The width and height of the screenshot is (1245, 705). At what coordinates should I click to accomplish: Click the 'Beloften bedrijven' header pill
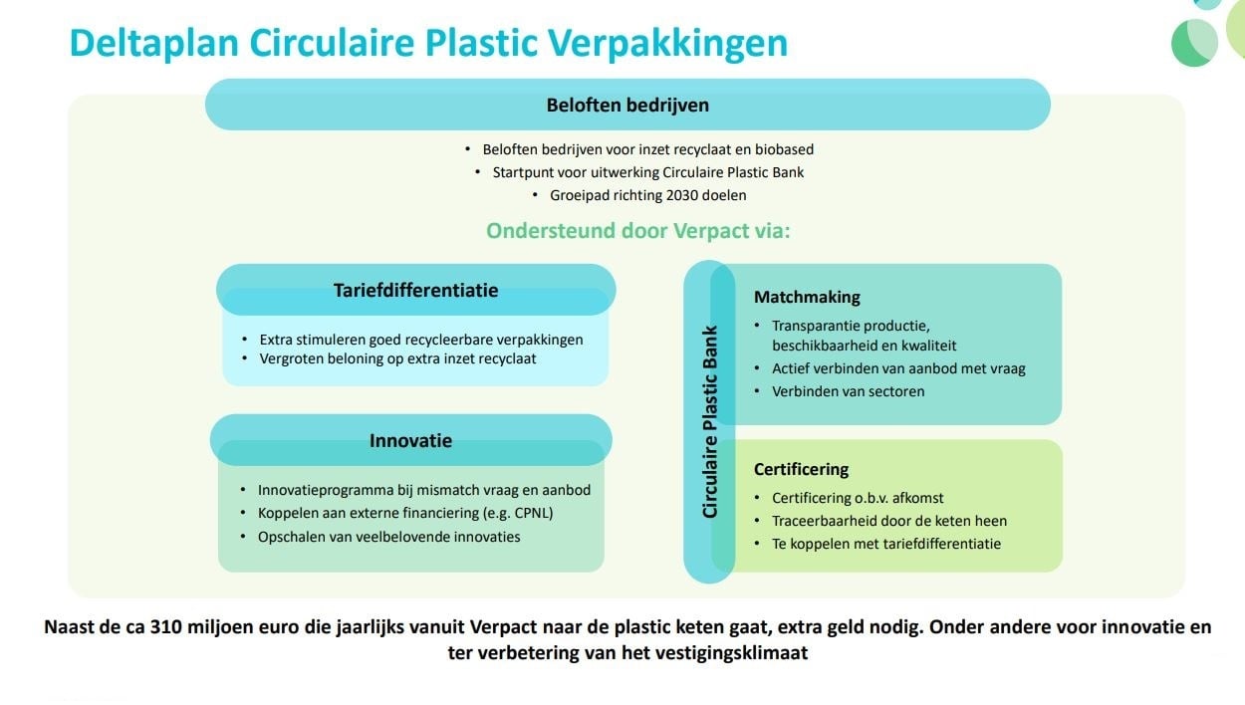627,105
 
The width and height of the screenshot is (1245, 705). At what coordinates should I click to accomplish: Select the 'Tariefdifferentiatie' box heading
416,291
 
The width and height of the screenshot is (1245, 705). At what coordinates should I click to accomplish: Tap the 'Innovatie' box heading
410,440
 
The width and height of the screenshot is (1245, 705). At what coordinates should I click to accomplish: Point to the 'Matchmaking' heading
807,297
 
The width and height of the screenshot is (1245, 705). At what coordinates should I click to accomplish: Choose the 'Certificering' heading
801,469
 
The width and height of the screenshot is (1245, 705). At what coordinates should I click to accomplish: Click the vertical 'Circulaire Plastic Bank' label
710,422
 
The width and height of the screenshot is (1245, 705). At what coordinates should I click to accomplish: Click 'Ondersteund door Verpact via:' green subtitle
637,231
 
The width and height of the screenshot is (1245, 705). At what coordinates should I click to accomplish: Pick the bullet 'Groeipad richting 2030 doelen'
647,195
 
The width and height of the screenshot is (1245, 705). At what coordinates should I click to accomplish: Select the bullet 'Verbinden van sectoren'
848,391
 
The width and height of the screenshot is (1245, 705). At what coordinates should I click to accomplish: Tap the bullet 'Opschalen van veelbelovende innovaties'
388,537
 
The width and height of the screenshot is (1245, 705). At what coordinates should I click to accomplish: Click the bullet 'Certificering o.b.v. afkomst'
858,498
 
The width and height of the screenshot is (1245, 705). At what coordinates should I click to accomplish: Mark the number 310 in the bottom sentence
167,627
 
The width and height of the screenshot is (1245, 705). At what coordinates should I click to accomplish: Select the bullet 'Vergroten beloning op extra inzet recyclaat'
397,358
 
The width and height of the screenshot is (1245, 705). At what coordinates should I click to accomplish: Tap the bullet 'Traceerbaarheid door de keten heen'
889,521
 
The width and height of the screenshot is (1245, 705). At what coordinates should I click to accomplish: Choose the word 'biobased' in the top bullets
783,149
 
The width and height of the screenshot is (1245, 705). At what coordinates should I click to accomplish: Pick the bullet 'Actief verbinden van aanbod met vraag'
898,368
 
